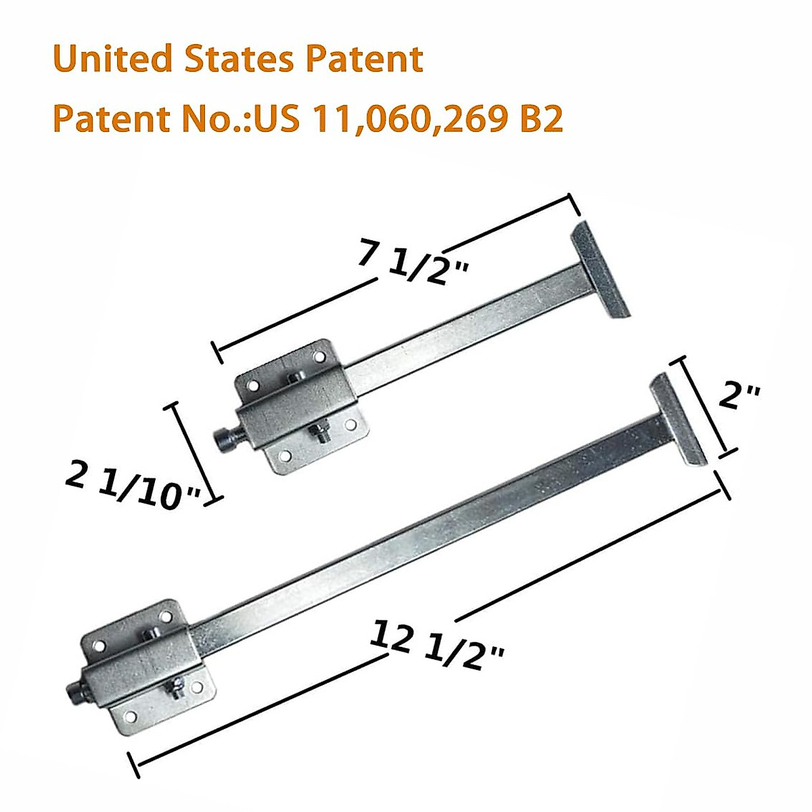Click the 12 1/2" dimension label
437,647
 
